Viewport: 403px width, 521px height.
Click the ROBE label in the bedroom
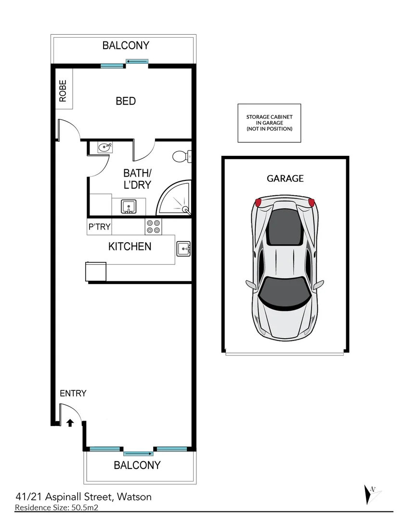[x=63, y=90]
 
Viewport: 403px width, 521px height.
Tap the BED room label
[x=126, y=101]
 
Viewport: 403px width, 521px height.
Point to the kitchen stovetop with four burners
[x=153, y=226]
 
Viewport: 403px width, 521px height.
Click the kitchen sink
[x=183, y=249]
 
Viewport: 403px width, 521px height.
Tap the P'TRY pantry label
[x=99, y=227]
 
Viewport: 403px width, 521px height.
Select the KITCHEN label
[x=130, y=247]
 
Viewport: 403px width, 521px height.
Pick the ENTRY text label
[x=73, y=393]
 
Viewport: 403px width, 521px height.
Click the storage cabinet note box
[x=269, y=123]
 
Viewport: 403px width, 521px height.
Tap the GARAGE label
[x=285, y=178]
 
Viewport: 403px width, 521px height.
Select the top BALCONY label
[x=126, y=46]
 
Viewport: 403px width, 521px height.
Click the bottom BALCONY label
[x=137, y=466]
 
